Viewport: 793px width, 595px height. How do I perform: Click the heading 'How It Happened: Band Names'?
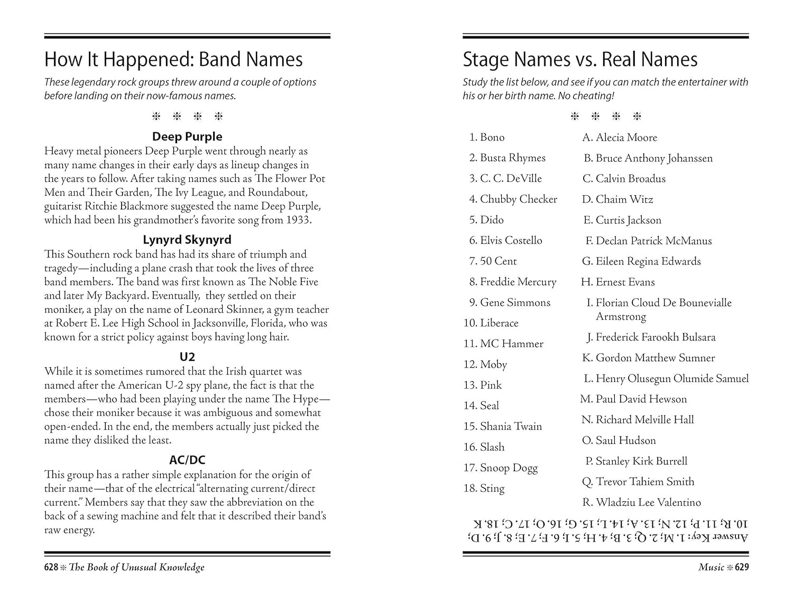[x=173, y=59]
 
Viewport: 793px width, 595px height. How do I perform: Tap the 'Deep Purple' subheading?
[x=187, y=136]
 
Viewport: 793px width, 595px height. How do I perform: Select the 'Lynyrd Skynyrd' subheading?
[x=187, y=240]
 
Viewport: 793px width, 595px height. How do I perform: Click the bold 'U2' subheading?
[x=187, y=357]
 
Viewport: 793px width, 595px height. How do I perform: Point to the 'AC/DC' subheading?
[x=187, y=460]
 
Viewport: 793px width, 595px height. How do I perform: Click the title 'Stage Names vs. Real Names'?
[x=580, y=59]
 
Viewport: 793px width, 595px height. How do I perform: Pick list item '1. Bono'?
[x=487, y=138]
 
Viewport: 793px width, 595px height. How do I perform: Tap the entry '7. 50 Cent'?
[x=493, y=261]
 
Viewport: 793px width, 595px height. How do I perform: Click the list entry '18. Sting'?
[x=484, y=488]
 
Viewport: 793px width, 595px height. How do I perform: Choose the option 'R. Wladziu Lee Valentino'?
[x=641, y=502]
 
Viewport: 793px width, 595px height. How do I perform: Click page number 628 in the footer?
[x=51, y=567]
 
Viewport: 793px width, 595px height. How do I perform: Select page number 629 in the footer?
[x=742, y=567]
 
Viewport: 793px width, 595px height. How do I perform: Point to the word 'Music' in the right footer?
[x=711, y=567]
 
